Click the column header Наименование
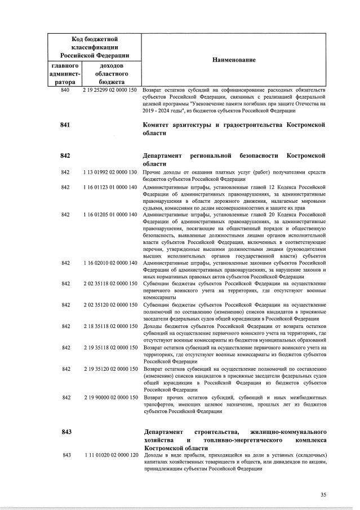[x=234, y=60]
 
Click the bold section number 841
[x=65, y=125]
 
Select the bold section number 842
[x=65, y=155]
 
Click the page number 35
[x=323, y=495]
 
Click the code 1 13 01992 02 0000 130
[x=110, y=171]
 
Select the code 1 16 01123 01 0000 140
[x=110, y=187]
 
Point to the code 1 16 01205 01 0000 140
[x=110, y=215]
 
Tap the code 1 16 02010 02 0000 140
[x=110, y=263]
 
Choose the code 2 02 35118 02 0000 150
[x=110, y=283]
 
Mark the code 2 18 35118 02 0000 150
[x=110, y=326]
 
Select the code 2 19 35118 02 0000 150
[x=110, y=347]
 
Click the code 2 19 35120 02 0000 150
[x=110, y=369]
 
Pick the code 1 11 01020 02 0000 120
[x=110, y=455]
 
